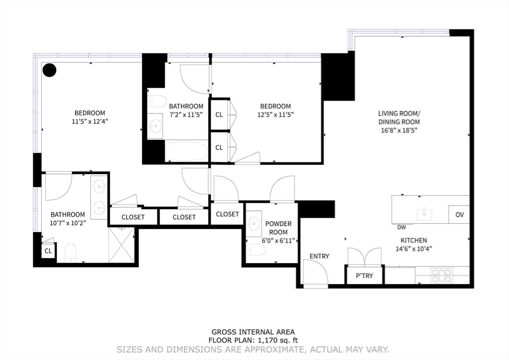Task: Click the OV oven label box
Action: pos(459,214)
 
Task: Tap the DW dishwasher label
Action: pos(402,228)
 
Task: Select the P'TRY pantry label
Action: pos(364,275)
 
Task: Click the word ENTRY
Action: pos(320,256)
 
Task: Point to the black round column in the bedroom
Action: pos(50,70)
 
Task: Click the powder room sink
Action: pos(254,223)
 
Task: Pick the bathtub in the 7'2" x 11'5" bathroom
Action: pos(187,150)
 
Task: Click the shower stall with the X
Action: pos(121,245)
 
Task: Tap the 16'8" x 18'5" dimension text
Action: pos(399,130)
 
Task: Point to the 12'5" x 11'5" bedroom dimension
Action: pos(275,114)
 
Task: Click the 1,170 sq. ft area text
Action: pos(277,341)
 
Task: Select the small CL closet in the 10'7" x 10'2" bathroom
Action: pos(48,251)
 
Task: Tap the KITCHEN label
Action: pos(414,241)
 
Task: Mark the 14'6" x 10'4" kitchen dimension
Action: pos(414,249)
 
